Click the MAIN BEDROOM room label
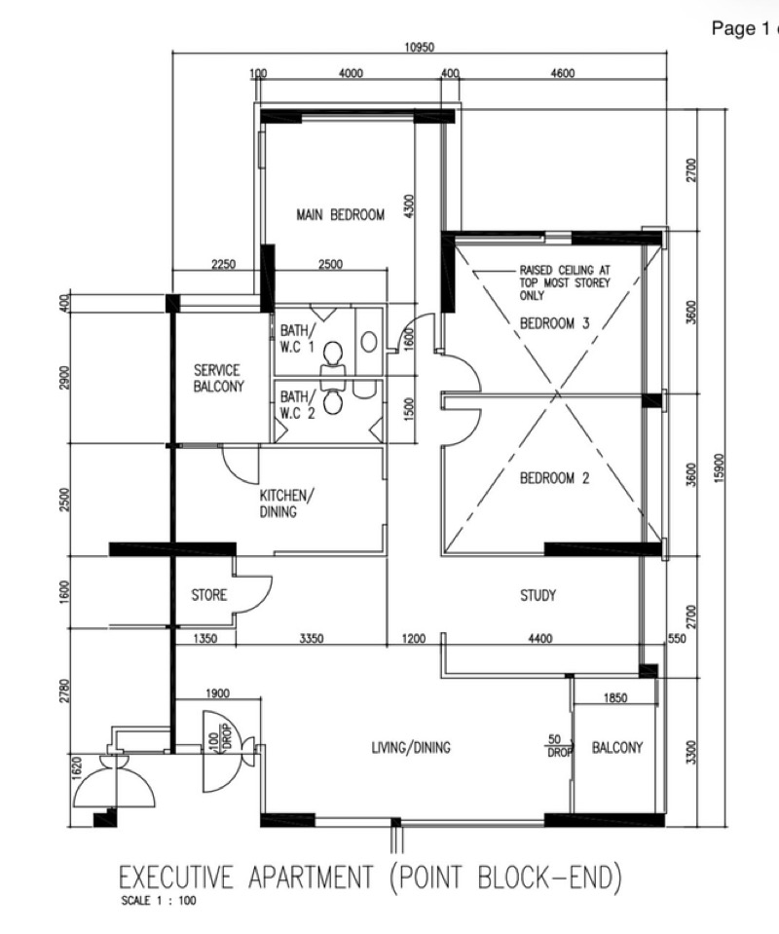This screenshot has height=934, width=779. [341, 215]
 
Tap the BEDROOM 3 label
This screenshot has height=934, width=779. [554, 323]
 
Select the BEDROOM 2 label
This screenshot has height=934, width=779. [554, 478]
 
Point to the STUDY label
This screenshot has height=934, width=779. [538, 595]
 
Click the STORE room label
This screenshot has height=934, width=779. [209, 594]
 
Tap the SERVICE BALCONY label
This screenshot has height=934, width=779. [218, 378]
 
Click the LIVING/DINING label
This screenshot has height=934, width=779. [411, 747]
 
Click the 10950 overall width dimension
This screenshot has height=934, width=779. [420, 48]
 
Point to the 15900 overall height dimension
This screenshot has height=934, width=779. [719, 468]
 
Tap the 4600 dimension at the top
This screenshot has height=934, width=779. [562, 73]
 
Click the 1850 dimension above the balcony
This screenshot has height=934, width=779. [615, 697]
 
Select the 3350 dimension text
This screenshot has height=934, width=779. [311, 639]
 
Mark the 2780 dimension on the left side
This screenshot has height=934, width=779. [65, 691]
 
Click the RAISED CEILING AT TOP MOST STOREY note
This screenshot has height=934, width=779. [565, 282]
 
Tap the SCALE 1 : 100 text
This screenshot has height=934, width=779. [159, 901]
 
